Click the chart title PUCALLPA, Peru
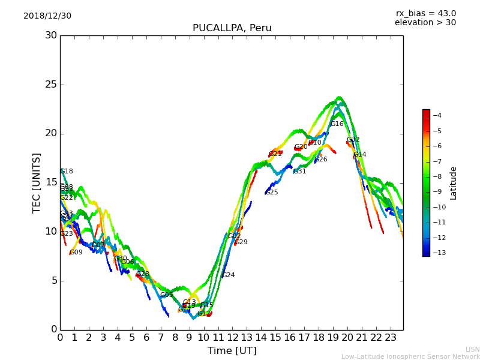tap(232, 28)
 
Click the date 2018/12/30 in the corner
tap(47, 16)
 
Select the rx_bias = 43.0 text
tap(425, 14)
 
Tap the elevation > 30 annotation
tap(425, 23)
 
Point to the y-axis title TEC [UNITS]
tap(37, 182)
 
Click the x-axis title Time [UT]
tap(232, 351)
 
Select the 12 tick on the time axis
tap(232, 338)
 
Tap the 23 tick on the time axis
tap(391, 338)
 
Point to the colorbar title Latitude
tap(454, 182)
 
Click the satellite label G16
tap(337, 124)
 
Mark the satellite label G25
tap(272, 193)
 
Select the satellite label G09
tap(76, 253)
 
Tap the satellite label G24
tap(229, 275)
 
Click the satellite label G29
tap(241, 242)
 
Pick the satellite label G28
tap(143, 274)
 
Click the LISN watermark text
tap(473, 349)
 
